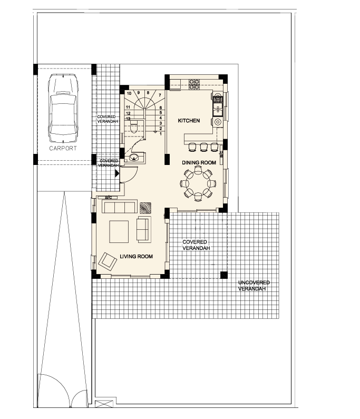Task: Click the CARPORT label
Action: pos(63,148)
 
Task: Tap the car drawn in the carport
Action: pos(63,109)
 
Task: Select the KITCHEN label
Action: pos(189,121)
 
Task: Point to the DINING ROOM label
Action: pos(199,162)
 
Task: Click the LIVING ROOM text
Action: pos(137,257)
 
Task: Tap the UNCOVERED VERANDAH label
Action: pos(254,286)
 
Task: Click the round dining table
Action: pos(198,183)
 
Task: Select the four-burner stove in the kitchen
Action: pos(194,84)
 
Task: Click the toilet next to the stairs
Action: pos(134,126)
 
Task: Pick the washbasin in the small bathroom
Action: pos(134,158)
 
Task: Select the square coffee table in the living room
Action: pos(119,231)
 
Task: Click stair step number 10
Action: pos(129,93)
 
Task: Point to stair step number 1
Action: pos(161,134)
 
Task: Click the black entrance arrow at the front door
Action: pos(117,173)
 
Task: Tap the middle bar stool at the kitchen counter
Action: pos(203,147)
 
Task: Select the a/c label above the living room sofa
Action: pos(109,198)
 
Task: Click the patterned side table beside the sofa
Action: pos(145,208)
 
